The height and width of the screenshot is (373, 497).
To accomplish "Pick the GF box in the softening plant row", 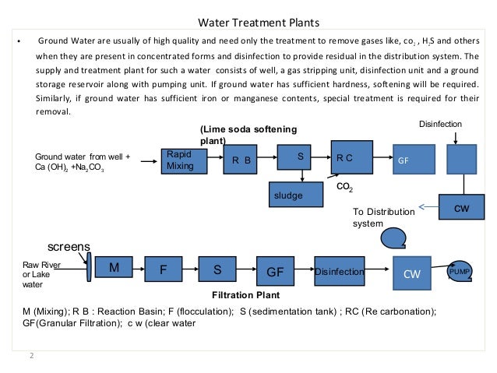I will [x=408, y=159].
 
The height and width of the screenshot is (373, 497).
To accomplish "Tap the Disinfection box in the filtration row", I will [x=340, y=272].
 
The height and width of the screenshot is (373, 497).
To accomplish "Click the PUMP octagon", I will [x=460, y=271].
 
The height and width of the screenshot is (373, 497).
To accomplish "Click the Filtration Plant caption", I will [x=245, y=296].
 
